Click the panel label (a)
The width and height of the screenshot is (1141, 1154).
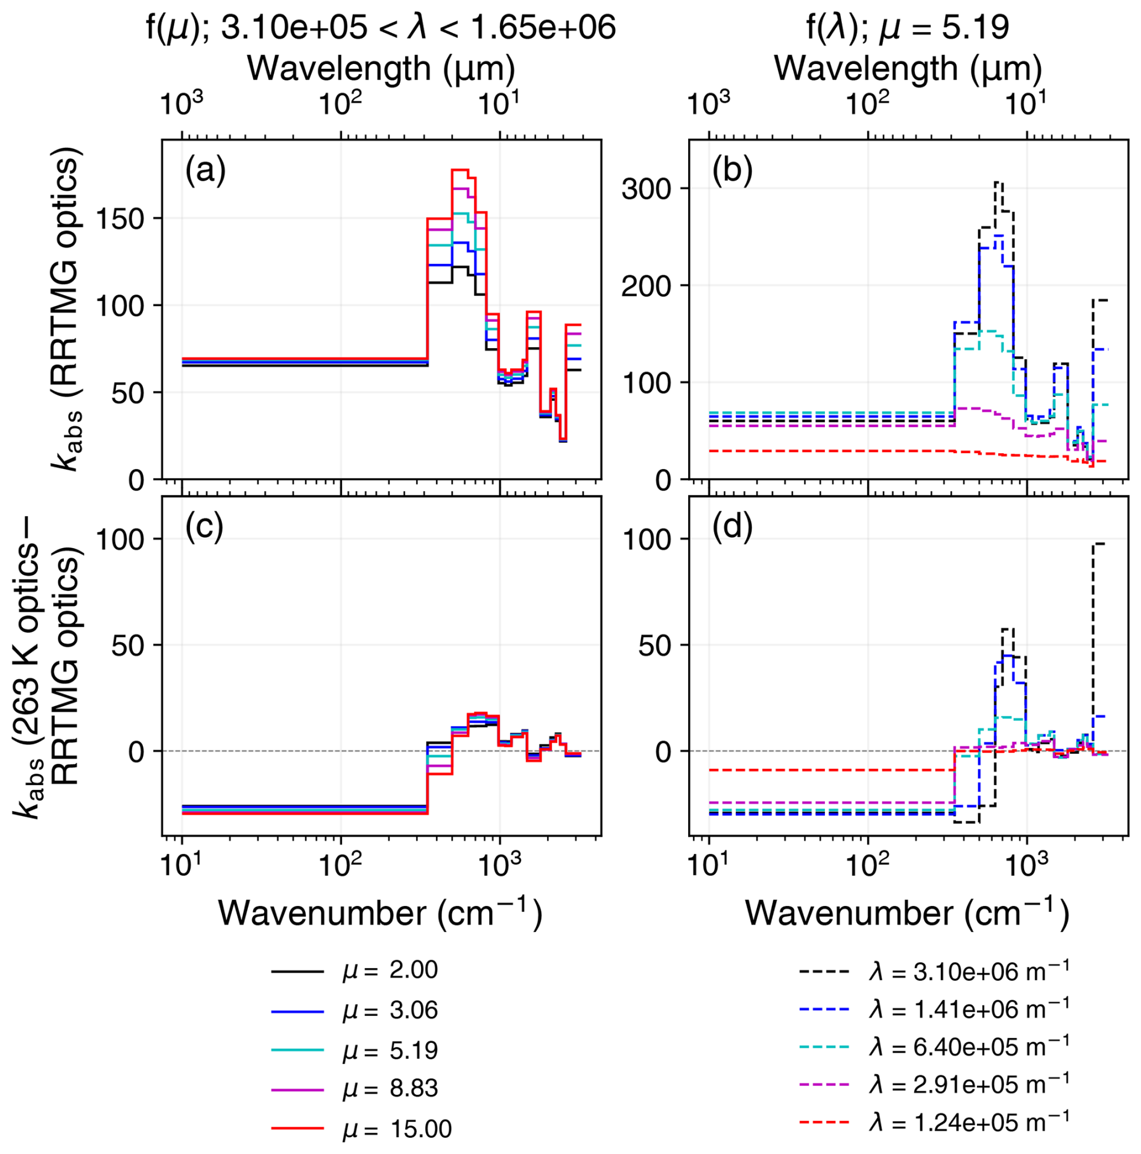tap(205, 171)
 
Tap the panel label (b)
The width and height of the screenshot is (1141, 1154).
tap(732, 171)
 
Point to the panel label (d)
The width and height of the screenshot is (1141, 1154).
tap(732, 527)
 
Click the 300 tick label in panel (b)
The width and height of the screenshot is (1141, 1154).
tap(646, 189)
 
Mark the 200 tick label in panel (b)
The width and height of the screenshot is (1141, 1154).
tap(646, 286)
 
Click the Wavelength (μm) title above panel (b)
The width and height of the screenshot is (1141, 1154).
tap(908, 68)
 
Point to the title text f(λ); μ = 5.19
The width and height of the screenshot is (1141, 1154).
tap(908, 27)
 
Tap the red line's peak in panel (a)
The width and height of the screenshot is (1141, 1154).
tap(460, 170)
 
